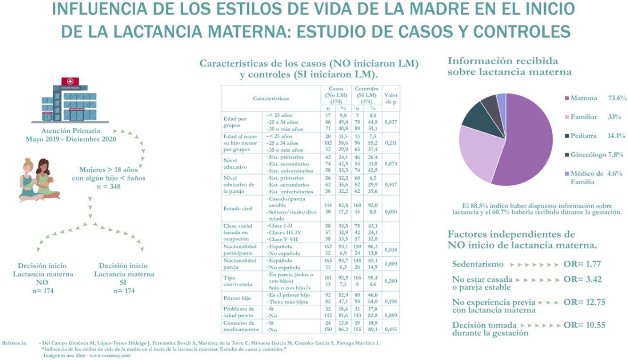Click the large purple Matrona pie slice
coord(523,141)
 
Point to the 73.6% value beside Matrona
coord(617,98)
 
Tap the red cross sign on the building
coord(70,81)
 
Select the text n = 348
coord(109,186)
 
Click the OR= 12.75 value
coord(584,303)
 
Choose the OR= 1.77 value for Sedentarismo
coord(582,264)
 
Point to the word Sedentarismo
coord(478,264)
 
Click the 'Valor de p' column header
coord(391,98)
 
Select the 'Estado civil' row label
coord(238,208)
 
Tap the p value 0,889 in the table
coord(391,315)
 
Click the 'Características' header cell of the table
coord(271,98)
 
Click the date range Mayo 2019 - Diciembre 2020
coord(71,139)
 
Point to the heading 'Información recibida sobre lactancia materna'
coord(510,66)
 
